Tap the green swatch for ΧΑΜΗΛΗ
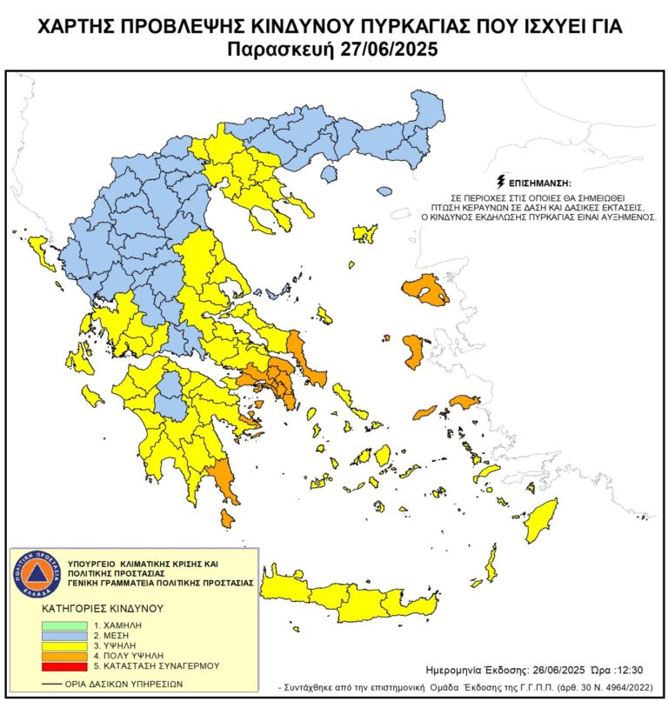tap(64, 624)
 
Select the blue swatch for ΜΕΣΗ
tap(64, 635)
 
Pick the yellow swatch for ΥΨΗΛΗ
tap(64, 645)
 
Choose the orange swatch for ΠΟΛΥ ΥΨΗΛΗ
tap(64, 655)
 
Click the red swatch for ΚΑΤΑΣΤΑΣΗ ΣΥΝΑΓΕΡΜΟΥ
tap(64, 665)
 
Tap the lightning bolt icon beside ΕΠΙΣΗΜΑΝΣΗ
tap(500, 182)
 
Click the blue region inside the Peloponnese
tap(173, 396)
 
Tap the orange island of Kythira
tap(227, 518)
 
